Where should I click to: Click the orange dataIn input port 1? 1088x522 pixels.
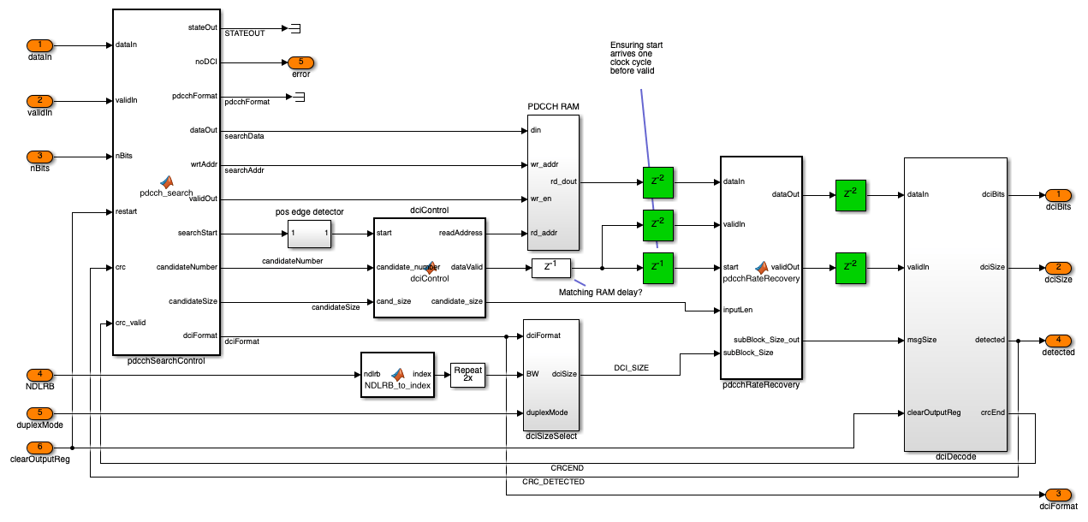coord(39,44)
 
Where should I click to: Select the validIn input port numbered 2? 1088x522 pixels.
coord(39,101)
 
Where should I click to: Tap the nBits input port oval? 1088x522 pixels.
coord(39,157)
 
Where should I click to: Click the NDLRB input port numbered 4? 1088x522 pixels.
coord(39,375)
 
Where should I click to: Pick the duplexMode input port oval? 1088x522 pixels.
coord(39,413)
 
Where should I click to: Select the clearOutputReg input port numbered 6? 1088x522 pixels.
coord(39,448)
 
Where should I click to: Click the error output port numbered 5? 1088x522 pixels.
coord(300,62)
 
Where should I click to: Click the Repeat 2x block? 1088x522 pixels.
coord(467,374)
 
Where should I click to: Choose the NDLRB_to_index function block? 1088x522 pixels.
coord(397,374)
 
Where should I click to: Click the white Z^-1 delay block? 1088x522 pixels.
coord(550,268)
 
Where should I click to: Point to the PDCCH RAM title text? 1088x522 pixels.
coord(554,107)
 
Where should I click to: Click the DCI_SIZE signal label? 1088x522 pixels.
coord(631,367)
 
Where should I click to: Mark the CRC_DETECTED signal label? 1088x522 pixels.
coord(553,482)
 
